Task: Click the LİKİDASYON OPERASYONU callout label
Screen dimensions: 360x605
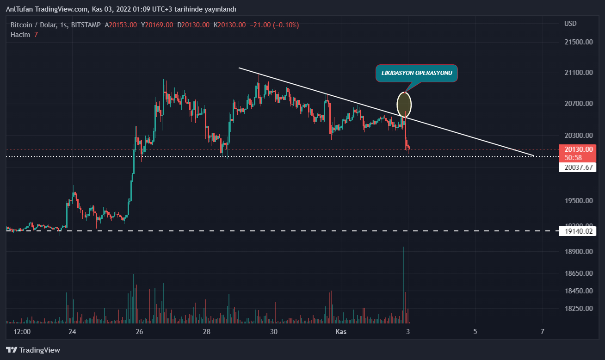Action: click(417, 73)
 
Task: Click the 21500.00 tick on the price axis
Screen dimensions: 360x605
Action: click(575, 42)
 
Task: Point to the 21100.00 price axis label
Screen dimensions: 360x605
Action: click(575, 73)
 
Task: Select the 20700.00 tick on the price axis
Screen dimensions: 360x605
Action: click(575, 104)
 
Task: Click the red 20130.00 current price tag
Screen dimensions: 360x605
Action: click(576, 149)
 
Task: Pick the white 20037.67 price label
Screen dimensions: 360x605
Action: click(576, 168)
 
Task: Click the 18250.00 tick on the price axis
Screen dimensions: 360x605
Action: click(575, 308)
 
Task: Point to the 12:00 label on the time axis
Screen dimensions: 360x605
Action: click(22, 332)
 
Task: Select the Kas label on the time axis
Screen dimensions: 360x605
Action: click(341, 332)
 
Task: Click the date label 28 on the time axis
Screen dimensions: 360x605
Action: click(207, 332)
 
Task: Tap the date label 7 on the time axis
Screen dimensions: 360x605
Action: click(542, 332)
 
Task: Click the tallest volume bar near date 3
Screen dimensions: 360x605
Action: click(404, 282)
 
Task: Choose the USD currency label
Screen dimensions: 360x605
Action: click(570, 23)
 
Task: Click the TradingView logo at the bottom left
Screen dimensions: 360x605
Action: click(33, 350)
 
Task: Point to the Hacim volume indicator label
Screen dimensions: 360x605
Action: click(20, 34)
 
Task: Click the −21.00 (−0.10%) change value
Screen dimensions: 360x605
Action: click(274, 25)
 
